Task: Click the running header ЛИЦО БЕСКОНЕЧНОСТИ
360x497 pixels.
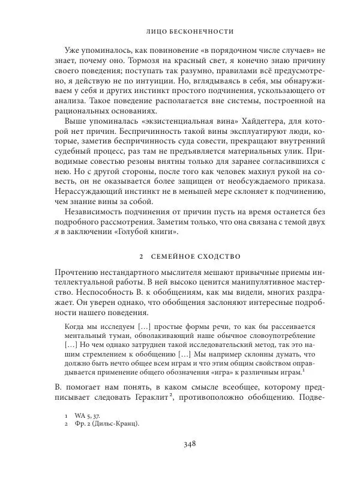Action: pos(189,29)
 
